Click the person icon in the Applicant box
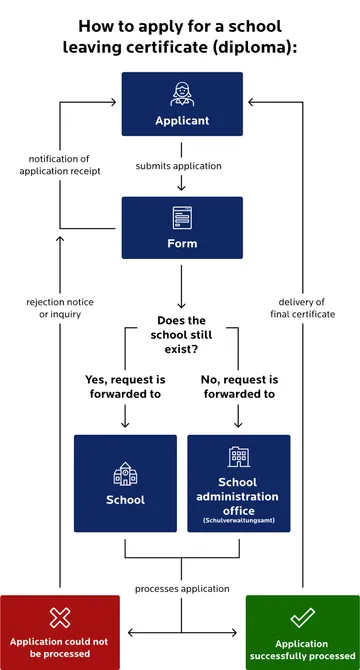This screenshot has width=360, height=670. coord(181,94)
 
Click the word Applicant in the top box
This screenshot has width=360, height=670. coord(181,120)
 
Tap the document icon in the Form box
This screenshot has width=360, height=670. coord(181,216)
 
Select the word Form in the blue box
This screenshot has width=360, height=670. coord(181,243)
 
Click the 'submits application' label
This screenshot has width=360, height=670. coord(181,166)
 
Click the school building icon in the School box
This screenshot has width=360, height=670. coord(125,471)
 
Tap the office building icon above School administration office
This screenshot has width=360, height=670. coord(238,457)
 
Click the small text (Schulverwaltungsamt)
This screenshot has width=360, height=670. coord(238,521)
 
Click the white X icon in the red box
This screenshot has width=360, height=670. coord(60,617)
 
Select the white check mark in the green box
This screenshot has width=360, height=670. coord(301,617)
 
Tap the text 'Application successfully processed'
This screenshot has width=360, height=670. coord(301,651)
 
